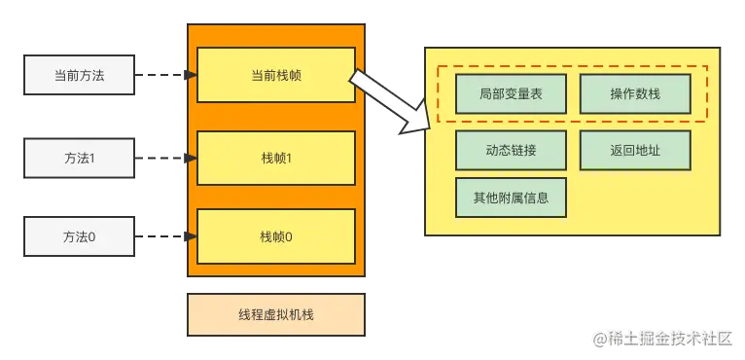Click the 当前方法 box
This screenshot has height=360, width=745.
pyautogui.click(x=79, y=75)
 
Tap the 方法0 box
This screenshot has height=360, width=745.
pyautogui.click(x=79, y=236)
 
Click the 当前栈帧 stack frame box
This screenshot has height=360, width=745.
pyautogui.click(x=276, y=75)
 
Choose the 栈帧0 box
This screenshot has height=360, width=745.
pyautogui.click(x=276, y=236)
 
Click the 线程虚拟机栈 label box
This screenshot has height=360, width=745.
pyautogui.click(x=276, y=315)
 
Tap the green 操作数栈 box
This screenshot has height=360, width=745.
pyautogui.click(x=635, y=93)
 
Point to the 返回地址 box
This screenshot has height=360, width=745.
pyautogui.click(x=635, y=151)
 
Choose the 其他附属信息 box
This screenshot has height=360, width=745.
pyautogui.click(x=511, y=198)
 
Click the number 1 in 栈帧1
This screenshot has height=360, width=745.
pyautogui.click(x=289, y=158)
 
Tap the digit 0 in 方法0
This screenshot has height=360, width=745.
pyautogui.click(x=92, y=236)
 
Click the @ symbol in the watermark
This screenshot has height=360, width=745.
pyautogui.click(x=599, y=338)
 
